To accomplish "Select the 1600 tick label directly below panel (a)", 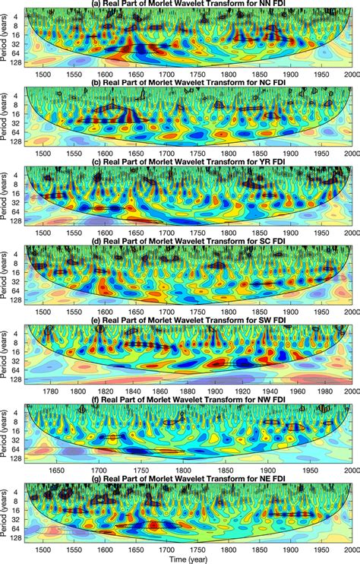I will coord(104,76).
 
